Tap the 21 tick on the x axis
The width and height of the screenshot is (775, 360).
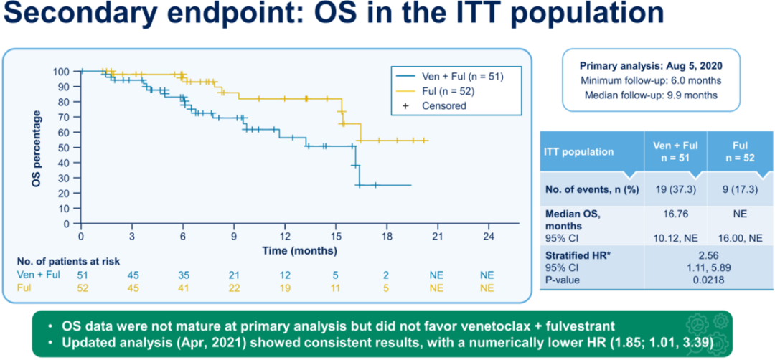tap(436, 237)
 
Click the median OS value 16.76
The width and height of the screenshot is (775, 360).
tap(675, 212)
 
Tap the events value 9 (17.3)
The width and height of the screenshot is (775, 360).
tap(740, 187)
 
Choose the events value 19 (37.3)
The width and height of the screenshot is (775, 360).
tap(675, 187)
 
